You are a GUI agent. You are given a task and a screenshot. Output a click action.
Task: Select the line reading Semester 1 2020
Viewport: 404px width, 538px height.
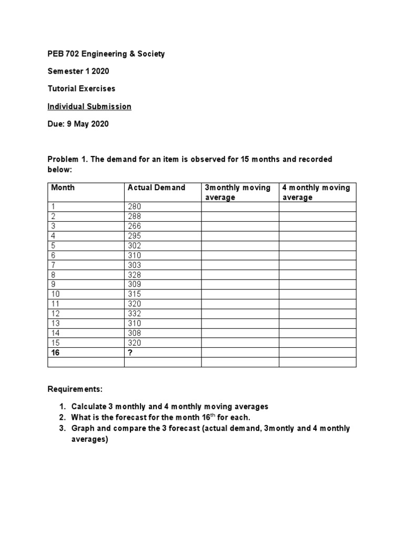coord(78,71)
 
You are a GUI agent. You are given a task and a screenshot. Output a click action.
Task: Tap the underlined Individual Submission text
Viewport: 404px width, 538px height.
coord(89,107)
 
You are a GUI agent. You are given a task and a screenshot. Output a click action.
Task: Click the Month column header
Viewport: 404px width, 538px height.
coord(63,188)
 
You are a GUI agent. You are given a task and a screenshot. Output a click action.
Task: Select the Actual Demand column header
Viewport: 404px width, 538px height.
coord(156,188)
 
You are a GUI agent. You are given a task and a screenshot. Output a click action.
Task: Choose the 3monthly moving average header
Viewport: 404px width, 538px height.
coord(237,192)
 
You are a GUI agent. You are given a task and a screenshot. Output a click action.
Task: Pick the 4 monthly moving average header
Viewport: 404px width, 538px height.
coord(316,192)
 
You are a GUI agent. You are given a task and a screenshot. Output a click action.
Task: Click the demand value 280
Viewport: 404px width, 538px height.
coord(135,207)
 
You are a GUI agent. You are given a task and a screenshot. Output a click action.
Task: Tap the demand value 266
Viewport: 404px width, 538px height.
coord(135,226)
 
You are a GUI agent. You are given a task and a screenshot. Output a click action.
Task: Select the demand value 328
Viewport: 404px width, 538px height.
coord(135,275)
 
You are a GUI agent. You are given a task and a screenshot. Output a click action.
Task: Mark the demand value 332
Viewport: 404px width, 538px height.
coord(135,314)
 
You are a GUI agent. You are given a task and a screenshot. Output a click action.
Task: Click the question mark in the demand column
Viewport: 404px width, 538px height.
coord(130,353)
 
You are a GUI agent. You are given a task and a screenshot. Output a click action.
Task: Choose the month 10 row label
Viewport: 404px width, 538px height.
coord(56,294)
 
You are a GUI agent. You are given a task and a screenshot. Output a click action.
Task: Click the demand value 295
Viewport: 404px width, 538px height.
coord(135,236)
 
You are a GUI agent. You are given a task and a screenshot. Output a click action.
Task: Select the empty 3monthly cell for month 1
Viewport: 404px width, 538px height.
coord(240,207)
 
